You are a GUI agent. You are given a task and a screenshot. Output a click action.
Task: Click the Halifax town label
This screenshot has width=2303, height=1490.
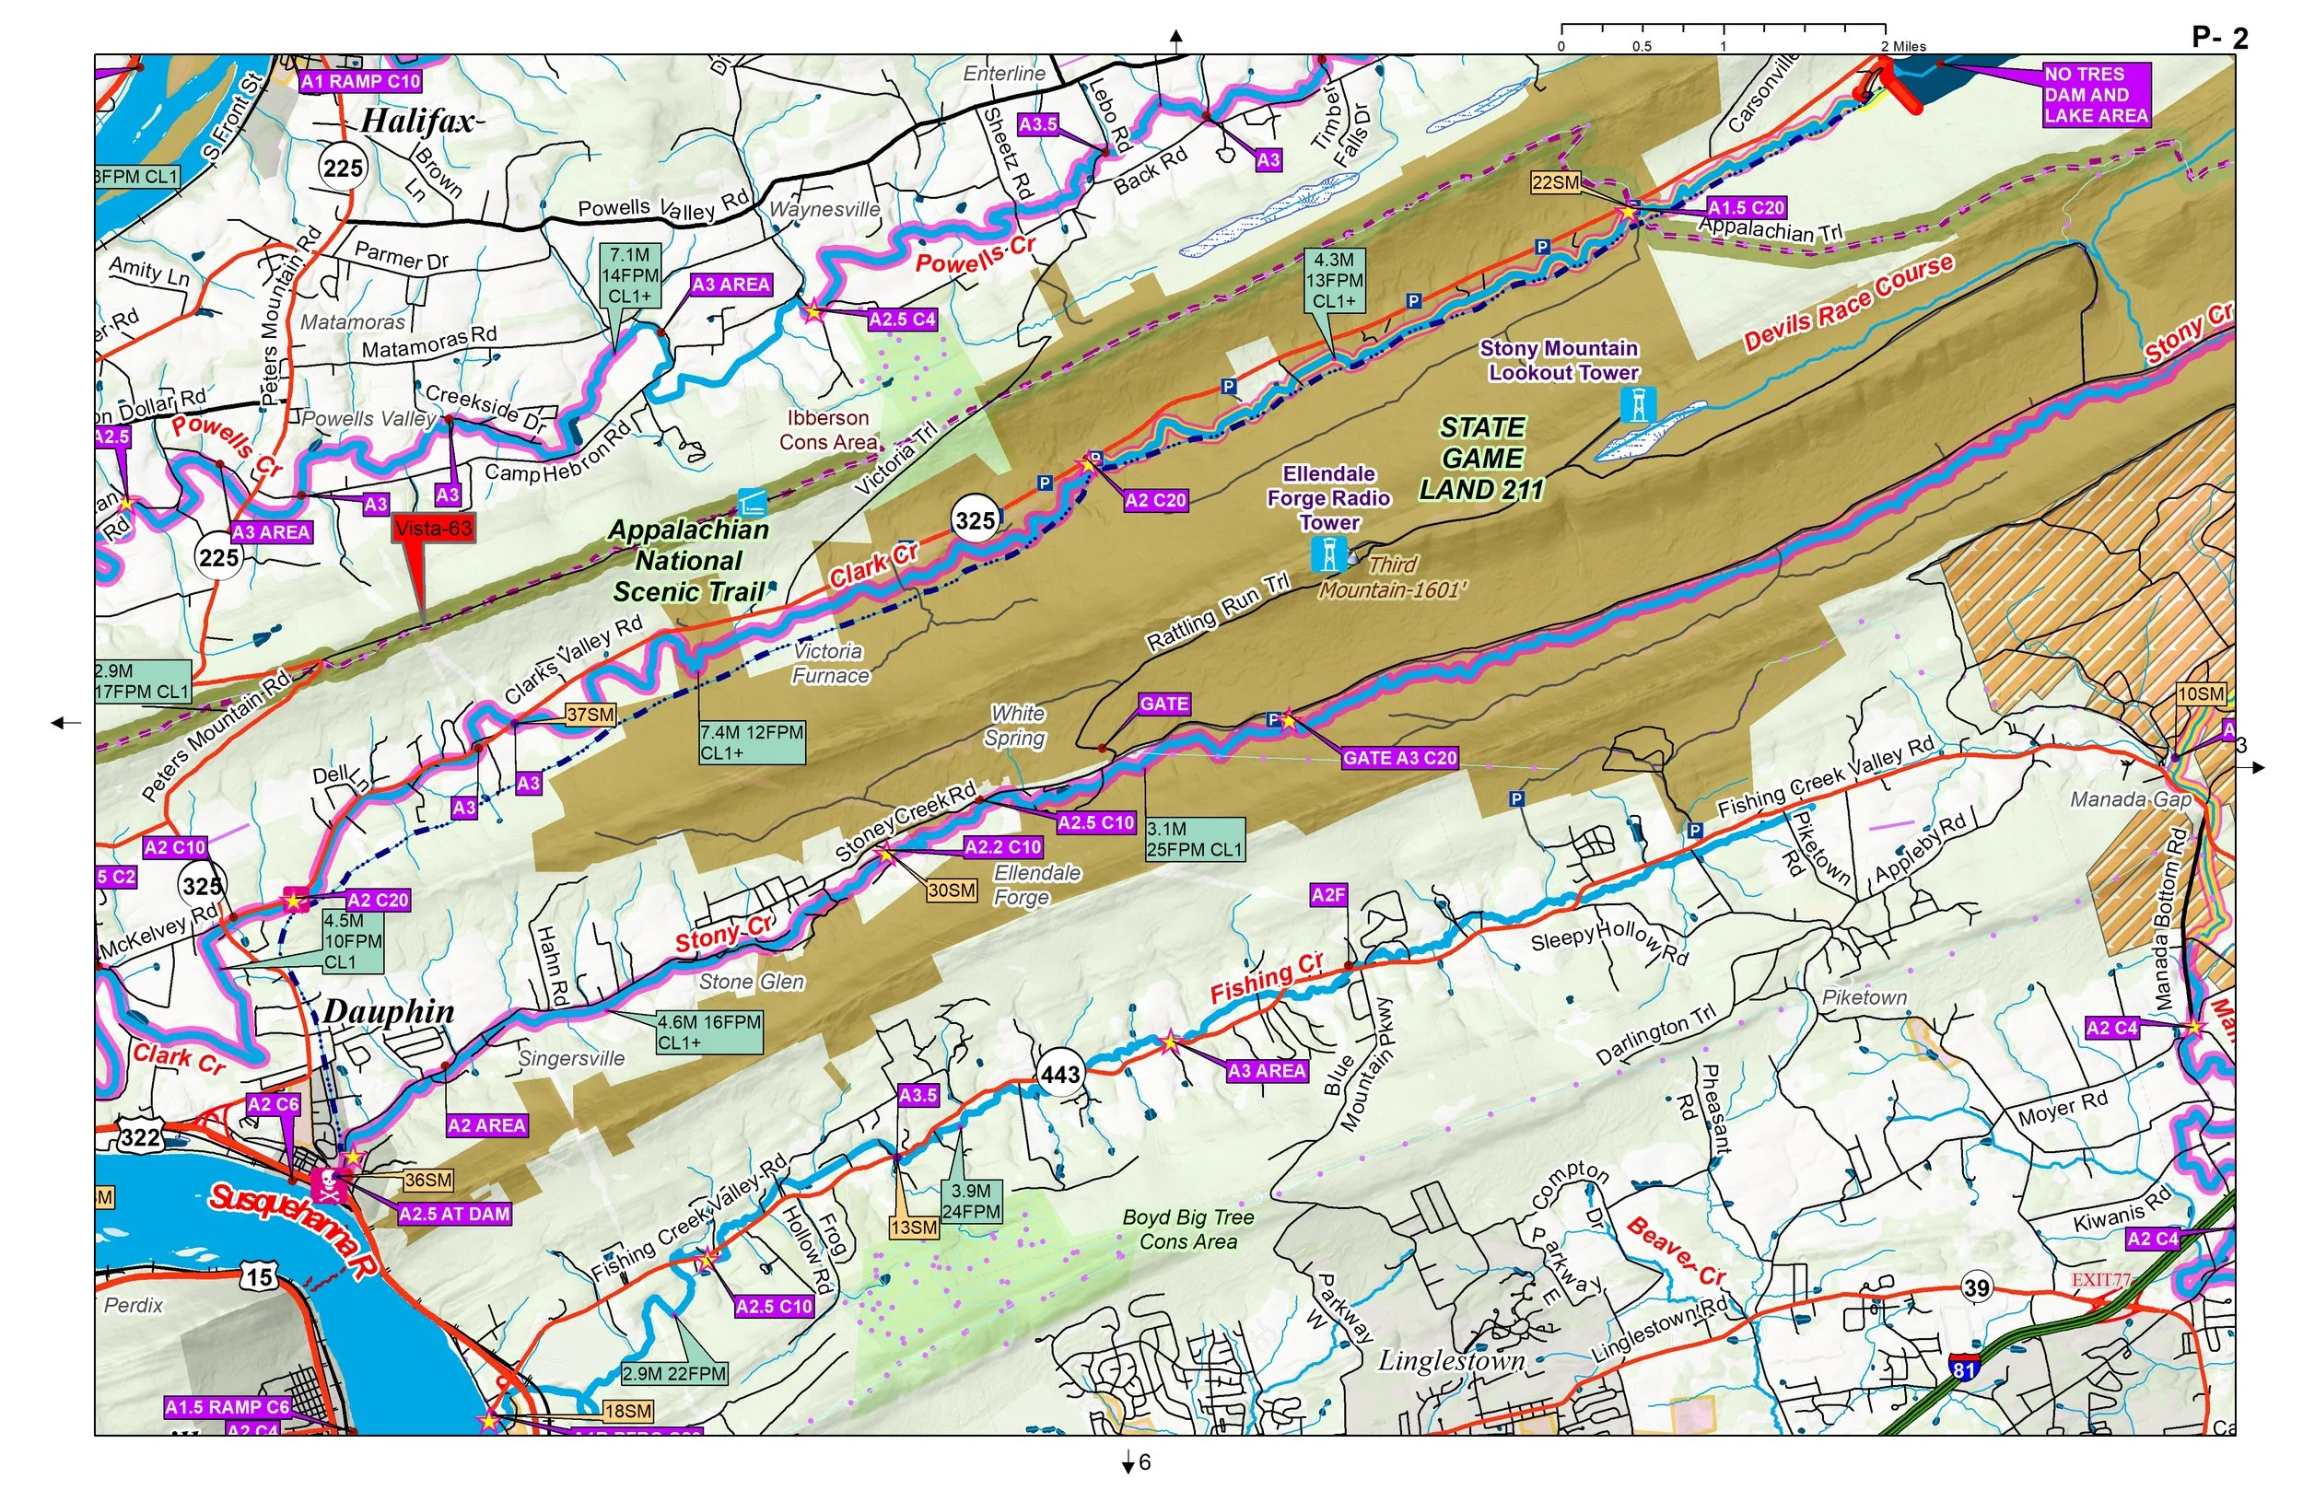(418, 122)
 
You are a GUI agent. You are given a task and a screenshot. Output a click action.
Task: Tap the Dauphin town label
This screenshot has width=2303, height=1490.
(388, 1012)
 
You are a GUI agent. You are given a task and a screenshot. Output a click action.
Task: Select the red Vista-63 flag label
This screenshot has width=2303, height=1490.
(433, 529)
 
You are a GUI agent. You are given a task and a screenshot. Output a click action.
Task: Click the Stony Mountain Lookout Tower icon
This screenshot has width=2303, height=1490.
(1637, 404)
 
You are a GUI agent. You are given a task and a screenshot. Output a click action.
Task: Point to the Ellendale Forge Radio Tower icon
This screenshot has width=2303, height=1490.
(1328, 554)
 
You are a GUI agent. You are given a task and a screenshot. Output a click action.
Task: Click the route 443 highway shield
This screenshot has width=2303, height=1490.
(1059, 1075)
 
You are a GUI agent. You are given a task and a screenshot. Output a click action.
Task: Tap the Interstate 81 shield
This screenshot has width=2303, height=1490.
(1963, 1368)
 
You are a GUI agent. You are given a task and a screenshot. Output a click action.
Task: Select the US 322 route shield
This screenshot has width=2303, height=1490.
(139, 1137)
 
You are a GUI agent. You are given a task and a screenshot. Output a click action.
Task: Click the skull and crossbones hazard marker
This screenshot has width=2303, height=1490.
(329, 1184)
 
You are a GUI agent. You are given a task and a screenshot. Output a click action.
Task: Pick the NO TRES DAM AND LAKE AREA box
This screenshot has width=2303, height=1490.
(2096, 95)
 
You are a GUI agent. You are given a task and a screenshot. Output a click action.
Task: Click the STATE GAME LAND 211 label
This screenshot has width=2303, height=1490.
(1481, 459)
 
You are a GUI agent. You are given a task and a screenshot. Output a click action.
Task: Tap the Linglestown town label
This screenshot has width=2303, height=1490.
(1452, 1361)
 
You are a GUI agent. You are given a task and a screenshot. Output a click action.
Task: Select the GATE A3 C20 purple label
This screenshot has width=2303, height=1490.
(1399, 759)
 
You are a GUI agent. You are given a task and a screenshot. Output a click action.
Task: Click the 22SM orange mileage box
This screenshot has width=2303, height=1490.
(1555, 182)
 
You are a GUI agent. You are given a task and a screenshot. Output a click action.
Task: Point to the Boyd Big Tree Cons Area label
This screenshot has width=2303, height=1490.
(1188, 1229)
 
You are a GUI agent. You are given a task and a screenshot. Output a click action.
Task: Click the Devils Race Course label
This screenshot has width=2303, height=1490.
(1848, 302)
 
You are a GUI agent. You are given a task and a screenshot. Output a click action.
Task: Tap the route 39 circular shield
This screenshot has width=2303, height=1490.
(1976, 1287)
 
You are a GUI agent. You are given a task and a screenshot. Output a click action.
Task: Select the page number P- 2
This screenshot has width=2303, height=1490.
(2220, 38)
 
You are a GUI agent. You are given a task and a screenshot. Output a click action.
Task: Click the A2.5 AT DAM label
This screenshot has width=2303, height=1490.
(454, 1215)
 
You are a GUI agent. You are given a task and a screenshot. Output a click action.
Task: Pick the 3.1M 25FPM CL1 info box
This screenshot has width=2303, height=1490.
(1195, 840)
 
